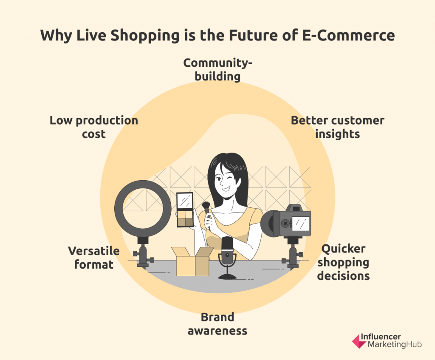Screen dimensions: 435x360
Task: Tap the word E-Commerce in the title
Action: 348,35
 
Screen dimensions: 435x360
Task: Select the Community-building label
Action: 217,70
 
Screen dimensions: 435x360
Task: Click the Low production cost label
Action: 94,127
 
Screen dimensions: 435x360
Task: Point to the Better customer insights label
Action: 338,127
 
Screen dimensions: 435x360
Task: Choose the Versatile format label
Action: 94,258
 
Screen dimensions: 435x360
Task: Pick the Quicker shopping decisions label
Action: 343,262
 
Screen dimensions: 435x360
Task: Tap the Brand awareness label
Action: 217,324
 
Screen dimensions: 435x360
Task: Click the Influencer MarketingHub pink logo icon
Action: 359,341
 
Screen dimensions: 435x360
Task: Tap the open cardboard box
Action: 192,261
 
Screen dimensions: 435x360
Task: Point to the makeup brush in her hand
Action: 207,211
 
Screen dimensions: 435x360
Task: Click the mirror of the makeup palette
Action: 185,201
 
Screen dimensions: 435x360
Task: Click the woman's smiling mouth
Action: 226,189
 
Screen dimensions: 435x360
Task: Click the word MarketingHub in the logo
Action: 395,345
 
